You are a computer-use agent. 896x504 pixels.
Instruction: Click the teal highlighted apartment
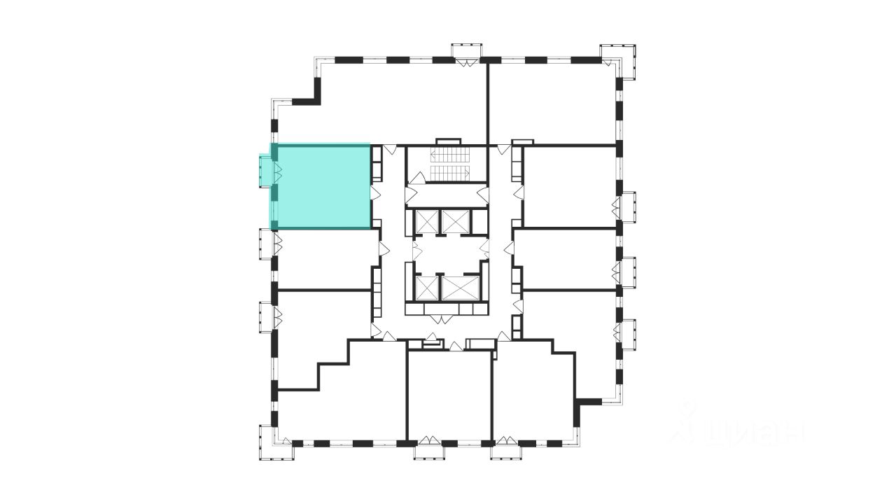(x=321, y=186)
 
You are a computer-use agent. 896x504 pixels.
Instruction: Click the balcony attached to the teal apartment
(x=265, y=171)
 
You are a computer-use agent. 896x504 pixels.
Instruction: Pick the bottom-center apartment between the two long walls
(x=449, y=395)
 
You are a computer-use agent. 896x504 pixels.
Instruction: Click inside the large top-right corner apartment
(x=553, y=101)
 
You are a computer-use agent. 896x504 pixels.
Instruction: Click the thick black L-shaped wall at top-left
(x=309, y=94)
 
